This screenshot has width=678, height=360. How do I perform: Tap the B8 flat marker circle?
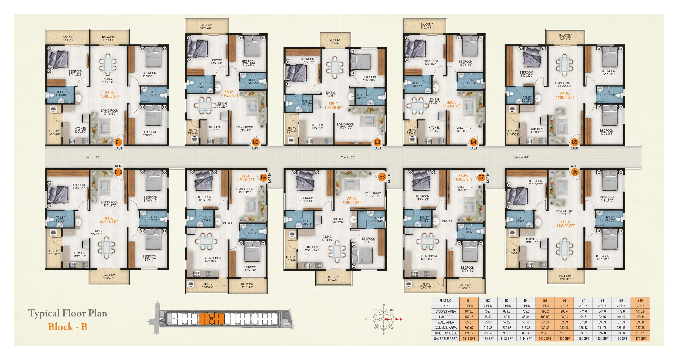(x=382, y=177)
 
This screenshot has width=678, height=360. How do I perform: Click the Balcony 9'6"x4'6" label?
(x=334, y=41)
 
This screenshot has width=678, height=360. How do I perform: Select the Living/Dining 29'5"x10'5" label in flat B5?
(x=564, y=85)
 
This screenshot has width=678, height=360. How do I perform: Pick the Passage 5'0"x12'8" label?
(x=338, y=221)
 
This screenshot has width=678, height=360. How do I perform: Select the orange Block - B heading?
(x=68, y=327)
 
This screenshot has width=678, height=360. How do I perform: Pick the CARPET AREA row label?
(x=445, y=311)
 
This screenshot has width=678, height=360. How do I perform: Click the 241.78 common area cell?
(x=602, y=328)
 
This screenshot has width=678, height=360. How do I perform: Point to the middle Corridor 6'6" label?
(x=348, y=157)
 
